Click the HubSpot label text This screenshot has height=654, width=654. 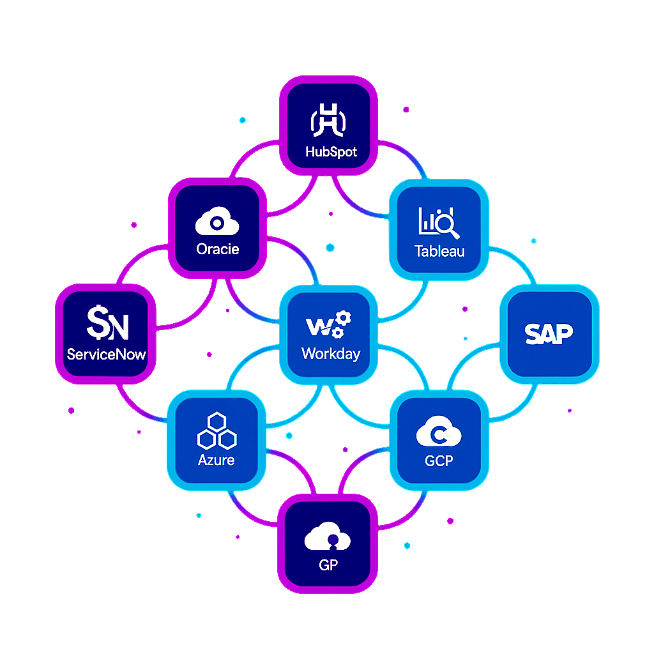tap(331, 152)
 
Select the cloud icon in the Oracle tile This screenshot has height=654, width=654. tap(217, 222)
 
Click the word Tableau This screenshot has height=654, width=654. tap(439, 251)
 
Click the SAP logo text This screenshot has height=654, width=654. tap(549, 333)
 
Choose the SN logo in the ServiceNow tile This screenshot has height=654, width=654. tap(107, 323)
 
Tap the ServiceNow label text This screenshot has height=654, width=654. tap(106, 354)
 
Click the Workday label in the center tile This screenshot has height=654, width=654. tap(331, 353)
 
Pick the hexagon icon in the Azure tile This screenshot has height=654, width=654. tap(217, 430)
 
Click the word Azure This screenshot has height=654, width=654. tap(216, 460)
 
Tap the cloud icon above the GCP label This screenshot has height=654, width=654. tap(438, 433)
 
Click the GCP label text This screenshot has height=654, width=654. tap(439, 461)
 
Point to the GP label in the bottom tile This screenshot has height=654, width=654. tap(328, 565)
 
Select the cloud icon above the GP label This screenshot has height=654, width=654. tap(327, 536)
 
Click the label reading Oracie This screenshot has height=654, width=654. tap(218, 249)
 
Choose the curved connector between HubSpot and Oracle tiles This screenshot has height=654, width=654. tap(246, 160)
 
